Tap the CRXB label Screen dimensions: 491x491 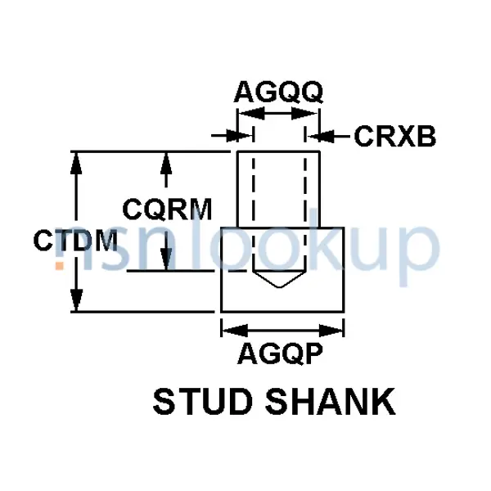coord(394,137)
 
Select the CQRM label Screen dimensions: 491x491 coord(168,210)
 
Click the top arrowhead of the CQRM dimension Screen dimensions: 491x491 coord(167,160)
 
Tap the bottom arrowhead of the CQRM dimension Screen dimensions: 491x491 coord(167,261)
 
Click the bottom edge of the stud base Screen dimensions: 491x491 coord(282,312)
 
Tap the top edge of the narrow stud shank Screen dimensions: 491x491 coord(278,152)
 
